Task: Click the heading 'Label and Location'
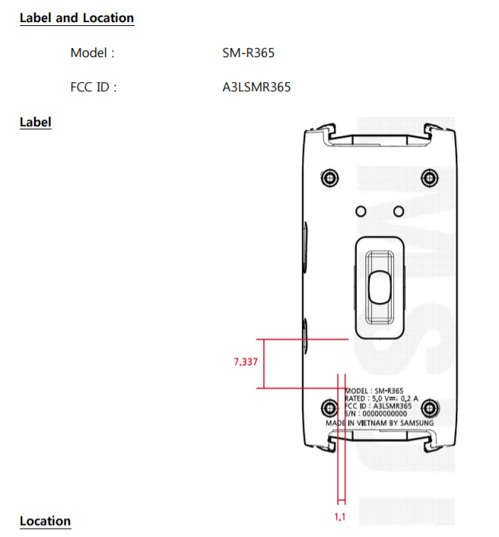(x=76, y=18)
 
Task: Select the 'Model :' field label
(x=92, y=53)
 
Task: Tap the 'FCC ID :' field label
(x=94, y=87)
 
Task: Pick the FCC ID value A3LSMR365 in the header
(x=252, y=87)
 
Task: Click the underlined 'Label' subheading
(x=35, y=122)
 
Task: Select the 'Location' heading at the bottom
(x=45, y=521)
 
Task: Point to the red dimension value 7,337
(x=246, y=362)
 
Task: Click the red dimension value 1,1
(x=341, y=517)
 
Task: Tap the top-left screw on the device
(x=329, y=178)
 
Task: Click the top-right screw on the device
(x=430, y=178)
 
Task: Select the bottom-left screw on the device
(x=329, y=407)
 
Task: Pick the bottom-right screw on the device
(x=430, y=407)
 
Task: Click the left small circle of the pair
(x=361, y=210)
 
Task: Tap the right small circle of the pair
(x=398, y=210)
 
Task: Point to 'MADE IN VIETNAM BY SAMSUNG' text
(x=380, y=423)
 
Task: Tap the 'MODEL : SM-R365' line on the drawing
(x=373, y=390)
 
